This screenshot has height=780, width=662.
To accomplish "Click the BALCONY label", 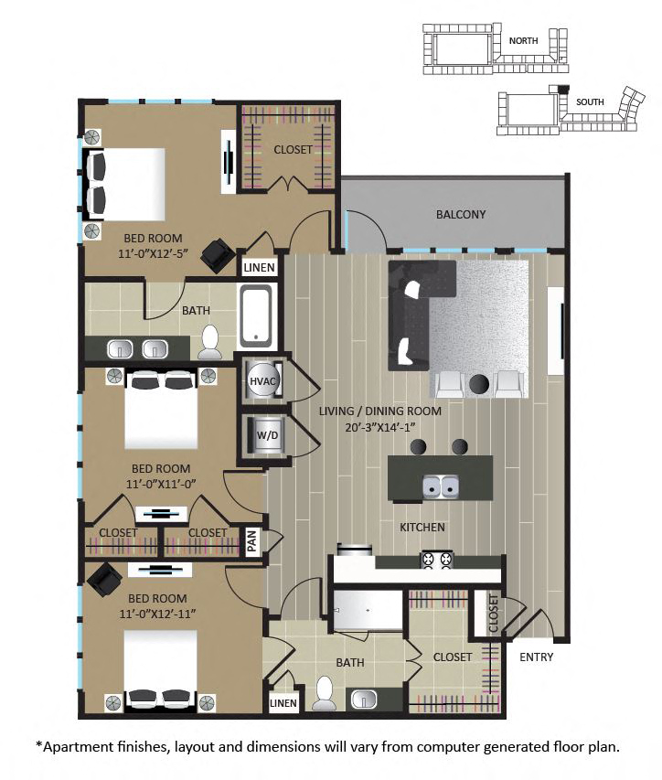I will (460, 215).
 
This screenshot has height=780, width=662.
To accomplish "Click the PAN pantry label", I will (252, 541).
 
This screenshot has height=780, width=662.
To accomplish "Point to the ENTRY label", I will (535, 657).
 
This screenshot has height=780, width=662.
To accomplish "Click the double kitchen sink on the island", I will (440, 486).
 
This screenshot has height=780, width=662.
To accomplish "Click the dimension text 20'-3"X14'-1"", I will (379, 429).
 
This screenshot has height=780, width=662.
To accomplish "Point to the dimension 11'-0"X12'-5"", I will (149, 254).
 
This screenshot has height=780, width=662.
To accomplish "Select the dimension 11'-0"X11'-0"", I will (148, 486).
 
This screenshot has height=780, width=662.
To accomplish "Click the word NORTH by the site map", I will (523, 40).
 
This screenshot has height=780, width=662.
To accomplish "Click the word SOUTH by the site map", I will (590, 102).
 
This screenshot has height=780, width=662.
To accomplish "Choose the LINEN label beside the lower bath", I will (283, 703).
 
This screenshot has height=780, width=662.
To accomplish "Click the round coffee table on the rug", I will (478, 381).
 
